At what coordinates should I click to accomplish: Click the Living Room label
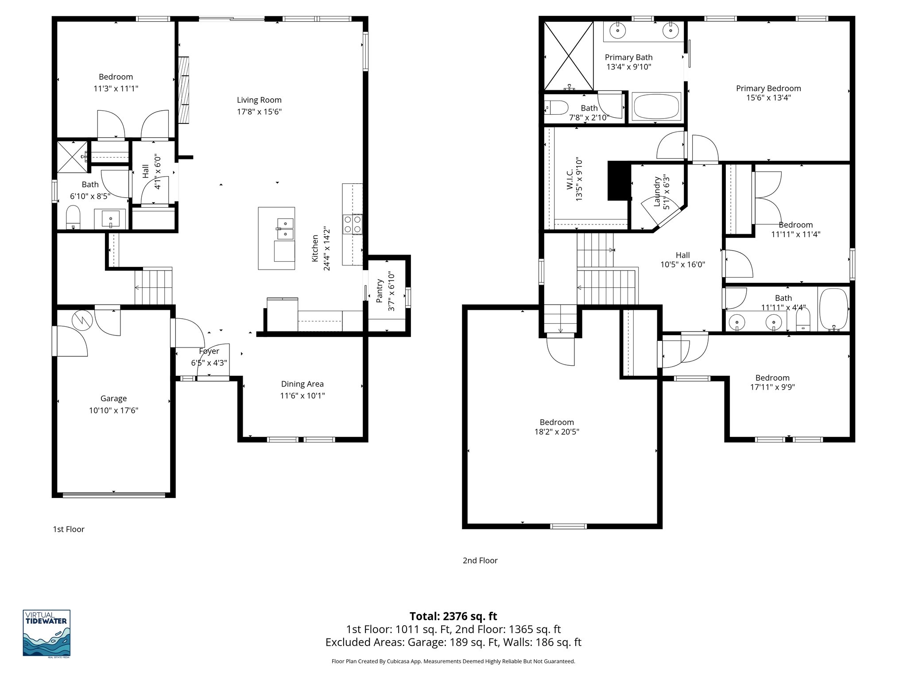259,100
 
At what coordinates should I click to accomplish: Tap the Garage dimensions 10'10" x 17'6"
113,410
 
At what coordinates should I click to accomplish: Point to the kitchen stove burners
353,224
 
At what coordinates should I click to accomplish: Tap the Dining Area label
302,384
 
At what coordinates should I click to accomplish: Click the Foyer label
209,351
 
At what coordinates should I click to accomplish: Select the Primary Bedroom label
768,88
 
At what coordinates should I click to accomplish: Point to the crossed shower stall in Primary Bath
569,56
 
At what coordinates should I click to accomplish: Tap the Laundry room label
657,192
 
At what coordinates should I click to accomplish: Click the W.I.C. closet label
570,179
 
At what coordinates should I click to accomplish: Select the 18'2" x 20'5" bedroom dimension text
557,432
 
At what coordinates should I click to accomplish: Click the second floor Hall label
682,255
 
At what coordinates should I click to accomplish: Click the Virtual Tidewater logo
47,633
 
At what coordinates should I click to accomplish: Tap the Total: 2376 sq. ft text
453,616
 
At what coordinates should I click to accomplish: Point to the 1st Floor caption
69,529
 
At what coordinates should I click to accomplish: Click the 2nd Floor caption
480,560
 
